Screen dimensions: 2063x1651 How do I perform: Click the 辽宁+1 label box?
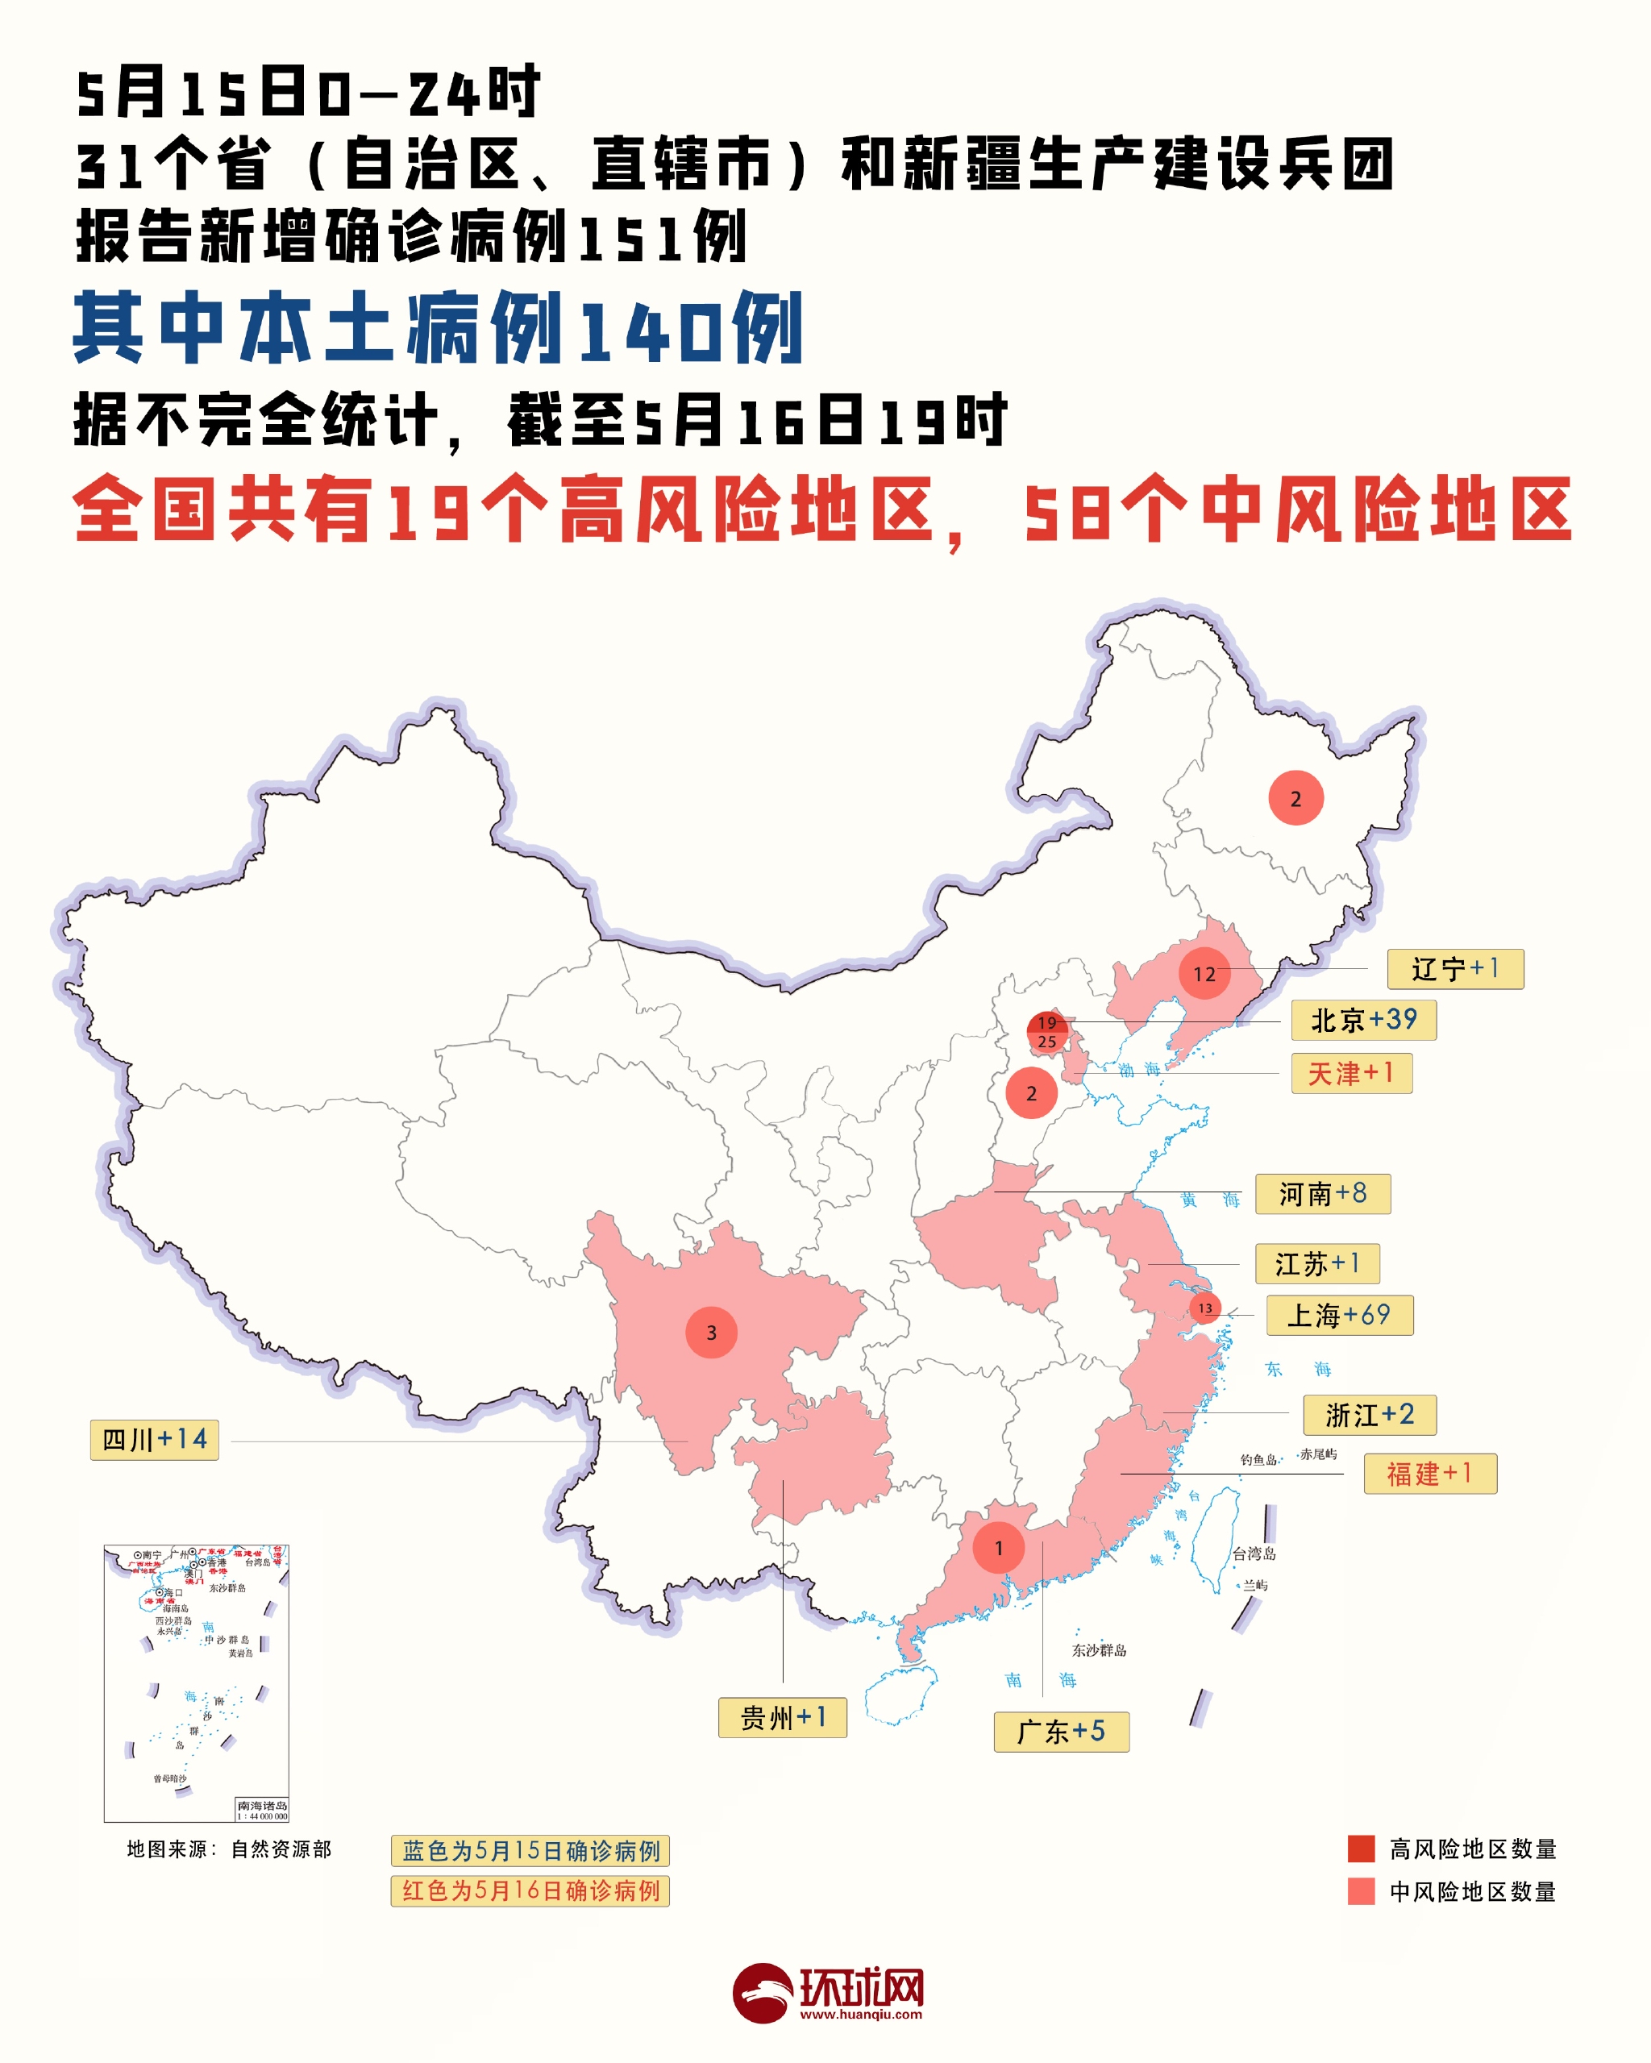(1455, 969)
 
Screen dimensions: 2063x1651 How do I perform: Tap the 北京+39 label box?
(1363, 1020)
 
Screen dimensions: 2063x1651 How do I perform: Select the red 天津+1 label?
(1350, 1074)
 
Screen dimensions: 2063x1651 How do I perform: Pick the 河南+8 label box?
(1322, 1194)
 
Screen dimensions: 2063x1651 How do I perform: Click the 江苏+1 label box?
(1317, 1264)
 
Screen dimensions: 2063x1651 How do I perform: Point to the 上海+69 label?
(1339, 1316)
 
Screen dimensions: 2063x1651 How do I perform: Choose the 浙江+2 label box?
(1369, 1415)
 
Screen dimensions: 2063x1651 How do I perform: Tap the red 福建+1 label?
(1429, 1474)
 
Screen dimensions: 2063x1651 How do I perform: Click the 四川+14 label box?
(154, 1440)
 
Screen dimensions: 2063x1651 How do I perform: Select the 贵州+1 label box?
(782, 1718)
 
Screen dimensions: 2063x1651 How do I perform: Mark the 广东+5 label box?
(1060, 1732)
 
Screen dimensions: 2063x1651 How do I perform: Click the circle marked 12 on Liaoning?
(1204, 974)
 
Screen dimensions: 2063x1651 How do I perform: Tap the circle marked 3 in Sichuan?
(711, 1332)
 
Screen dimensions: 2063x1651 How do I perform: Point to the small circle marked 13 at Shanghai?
(1205, 1308)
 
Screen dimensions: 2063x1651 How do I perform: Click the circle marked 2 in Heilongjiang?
(1296, 798)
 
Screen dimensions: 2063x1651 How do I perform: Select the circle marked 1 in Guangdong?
(998, 1548)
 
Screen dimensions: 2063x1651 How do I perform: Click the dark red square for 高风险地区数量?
(1360, 1849)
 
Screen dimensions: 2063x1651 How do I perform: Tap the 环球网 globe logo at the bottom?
(762, 1993)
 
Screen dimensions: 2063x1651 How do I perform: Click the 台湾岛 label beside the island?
(1254, 1554)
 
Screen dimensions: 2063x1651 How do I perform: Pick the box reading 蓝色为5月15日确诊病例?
(530, 1851)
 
